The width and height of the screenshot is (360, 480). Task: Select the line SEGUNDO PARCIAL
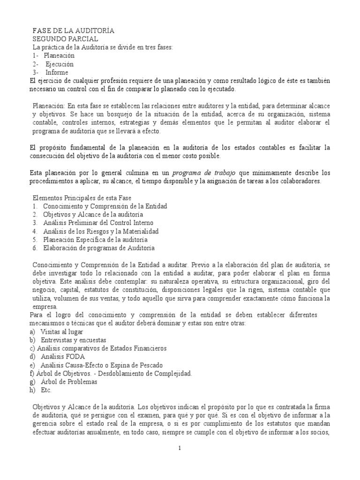click(65, 39)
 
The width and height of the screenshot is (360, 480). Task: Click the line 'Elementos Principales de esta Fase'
click(84, 197)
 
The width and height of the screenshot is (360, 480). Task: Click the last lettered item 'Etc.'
click(46, 390)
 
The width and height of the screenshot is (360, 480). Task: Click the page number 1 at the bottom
click(180, 448)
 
